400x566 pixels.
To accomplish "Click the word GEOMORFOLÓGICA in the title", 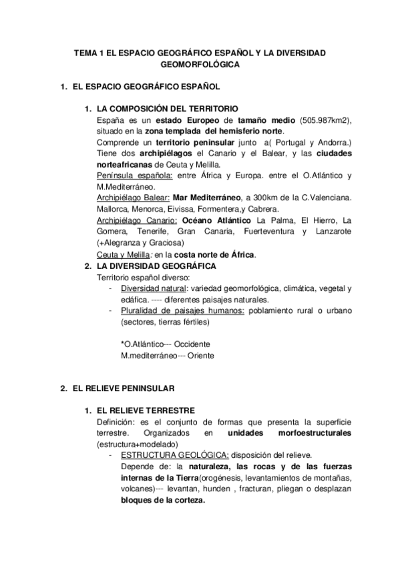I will [200, 65].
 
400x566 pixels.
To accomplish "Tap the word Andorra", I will [333, 143].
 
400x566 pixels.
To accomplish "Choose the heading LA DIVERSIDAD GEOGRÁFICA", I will [156, 266].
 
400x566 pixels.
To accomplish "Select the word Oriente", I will [198, 356].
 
